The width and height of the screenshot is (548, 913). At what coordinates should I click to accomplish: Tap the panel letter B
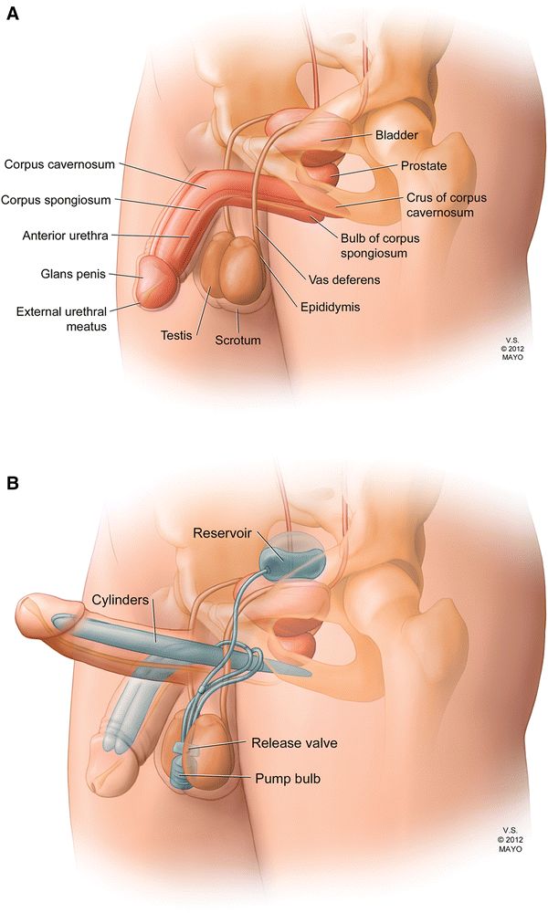point(13,481)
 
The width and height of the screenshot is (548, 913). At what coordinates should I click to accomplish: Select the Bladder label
point(396,135)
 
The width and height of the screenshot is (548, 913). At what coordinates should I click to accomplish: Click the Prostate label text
point(423,166)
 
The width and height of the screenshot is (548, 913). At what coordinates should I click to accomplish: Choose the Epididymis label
point(330,308)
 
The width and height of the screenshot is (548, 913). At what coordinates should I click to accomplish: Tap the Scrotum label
point(237,340)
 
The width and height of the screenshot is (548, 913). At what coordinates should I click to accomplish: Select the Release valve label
point(294,743)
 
